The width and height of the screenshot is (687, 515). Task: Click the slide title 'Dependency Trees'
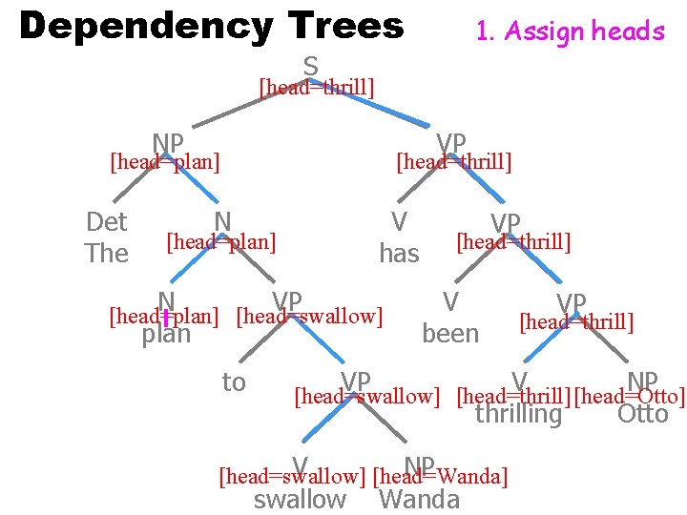point(211,26)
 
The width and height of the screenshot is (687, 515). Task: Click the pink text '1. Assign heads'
point(570,31)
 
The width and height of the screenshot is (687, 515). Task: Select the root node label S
point(311,67)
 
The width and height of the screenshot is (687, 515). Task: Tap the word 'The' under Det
point(106,254)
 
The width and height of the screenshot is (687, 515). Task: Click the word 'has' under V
point(399,254)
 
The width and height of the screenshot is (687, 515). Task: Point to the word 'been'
point(450,333)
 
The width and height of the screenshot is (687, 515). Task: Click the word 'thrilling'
point(518,415)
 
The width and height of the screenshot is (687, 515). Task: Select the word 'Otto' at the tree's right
point(642,415)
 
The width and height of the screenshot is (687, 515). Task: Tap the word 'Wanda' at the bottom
point(419,499)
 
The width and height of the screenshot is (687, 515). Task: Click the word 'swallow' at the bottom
point(300,499)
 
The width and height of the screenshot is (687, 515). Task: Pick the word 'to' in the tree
point(234,382)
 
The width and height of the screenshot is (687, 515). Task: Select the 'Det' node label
point(106,223)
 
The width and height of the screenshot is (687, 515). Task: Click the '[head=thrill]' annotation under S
point(316,88)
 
